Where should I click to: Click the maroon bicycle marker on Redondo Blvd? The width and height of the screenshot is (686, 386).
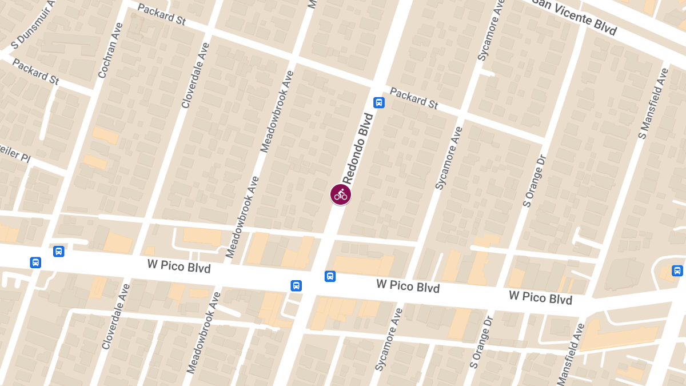(340, 194)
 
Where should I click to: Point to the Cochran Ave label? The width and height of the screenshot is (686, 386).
(111, 51)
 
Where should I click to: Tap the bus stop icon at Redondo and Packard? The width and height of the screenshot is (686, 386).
(378, 103)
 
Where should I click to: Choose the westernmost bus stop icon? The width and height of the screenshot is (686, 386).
(35, 262)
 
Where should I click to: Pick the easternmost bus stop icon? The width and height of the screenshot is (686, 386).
(677, 270)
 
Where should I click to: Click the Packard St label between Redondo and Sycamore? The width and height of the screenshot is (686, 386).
(414, 98)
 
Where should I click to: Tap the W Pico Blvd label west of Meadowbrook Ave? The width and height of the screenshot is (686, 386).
(179, 266)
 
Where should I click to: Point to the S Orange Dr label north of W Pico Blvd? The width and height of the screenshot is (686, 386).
(535, 181)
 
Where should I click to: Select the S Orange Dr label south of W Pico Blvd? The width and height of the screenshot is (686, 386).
(480, 349)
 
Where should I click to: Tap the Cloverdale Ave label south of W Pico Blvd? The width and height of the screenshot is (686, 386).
(117, 316)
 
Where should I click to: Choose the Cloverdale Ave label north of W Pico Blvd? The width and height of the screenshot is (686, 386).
(195, 75)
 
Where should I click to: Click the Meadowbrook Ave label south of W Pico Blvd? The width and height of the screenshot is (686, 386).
(204, 333)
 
